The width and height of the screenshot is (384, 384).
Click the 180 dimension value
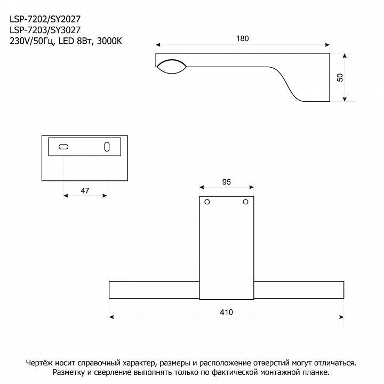(x=243, y=39)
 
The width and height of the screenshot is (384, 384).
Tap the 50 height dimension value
(x=340, y=77)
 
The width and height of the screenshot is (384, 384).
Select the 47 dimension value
(x=85, y=190)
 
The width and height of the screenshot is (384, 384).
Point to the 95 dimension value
(x=227, y=182)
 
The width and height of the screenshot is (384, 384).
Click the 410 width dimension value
(x=226, y=312)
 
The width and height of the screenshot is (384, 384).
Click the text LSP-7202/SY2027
(x=45, y=19)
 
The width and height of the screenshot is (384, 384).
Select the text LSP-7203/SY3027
(x=45, y=30)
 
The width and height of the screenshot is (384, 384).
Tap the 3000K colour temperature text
(x=109, y=41)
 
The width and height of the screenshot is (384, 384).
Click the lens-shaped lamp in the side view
(x=171, y=66)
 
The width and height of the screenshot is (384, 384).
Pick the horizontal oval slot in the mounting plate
(x=63, y=147)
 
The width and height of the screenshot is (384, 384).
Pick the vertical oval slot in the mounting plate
(x=107, y=147)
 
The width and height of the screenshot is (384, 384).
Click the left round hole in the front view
(x=207, y=202)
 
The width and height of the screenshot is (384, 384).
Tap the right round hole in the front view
(x=246, y=202)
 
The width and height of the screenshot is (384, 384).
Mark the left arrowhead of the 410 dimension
(x=111, y=317)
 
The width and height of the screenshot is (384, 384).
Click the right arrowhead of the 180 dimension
(x=327, y=45)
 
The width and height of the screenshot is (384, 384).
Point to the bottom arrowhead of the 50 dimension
(x=345, y=99)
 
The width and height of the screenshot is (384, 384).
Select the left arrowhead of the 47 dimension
(x=66, y=196)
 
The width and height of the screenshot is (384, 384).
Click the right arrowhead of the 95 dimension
(x=251, y=187)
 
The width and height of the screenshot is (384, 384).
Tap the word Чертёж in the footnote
(x=39, y=363)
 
